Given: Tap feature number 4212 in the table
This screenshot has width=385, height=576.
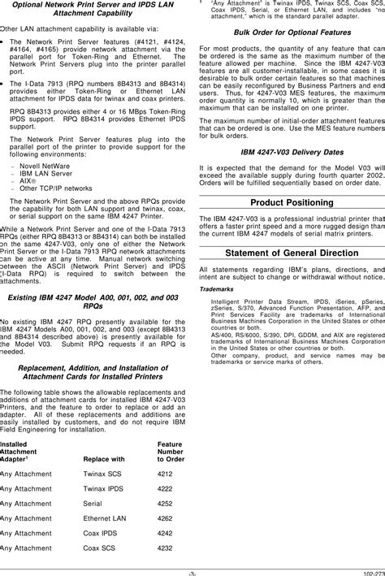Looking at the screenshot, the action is click(x=165, y=472).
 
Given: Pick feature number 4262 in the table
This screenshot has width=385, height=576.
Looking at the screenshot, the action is click(x=165, y=518).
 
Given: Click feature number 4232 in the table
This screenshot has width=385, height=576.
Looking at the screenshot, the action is click(x=165, y=548).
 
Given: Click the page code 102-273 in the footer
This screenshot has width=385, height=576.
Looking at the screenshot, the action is click(x=372, y=570).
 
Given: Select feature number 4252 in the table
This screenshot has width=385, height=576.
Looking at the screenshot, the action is click(x=165, y=502).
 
